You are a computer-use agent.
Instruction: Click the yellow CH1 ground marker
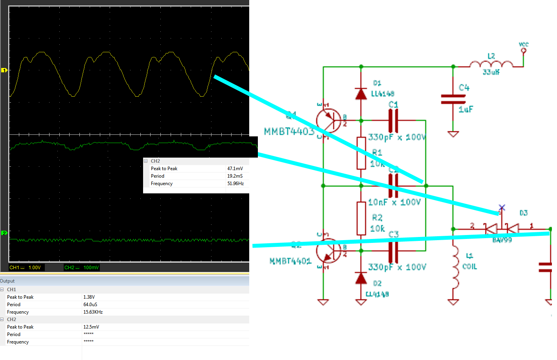pos(4,70)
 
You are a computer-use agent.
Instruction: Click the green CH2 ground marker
pos(4,233)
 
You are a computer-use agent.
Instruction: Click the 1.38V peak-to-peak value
pos(89,297)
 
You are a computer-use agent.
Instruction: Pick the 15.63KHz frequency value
pos(93,312)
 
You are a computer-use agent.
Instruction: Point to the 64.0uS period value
pos(90,305)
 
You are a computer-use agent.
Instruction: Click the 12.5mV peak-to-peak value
pos(91,327)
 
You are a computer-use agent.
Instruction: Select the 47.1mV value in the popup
pos(235,169)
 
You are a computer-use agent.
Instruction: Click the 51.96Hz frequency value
pos(235,184)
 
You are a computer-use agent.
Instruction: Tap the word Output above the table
pos(7,281)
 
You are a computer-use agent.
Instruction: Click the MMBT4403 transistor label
pos(289,132)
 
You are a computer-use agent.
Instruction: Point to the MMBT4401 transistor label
pos(290,261)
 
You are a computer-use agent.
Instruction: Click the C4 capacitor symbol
pos(453,99)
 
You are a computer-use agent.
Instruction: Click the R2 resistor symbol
pos(361,218)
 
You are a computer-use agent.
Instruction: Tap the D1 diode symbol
pos(361,94)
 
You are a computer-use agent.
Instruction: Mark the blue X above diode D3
pos(502,208)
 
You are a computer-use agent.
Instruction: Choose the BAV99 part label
pos(502,240)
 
